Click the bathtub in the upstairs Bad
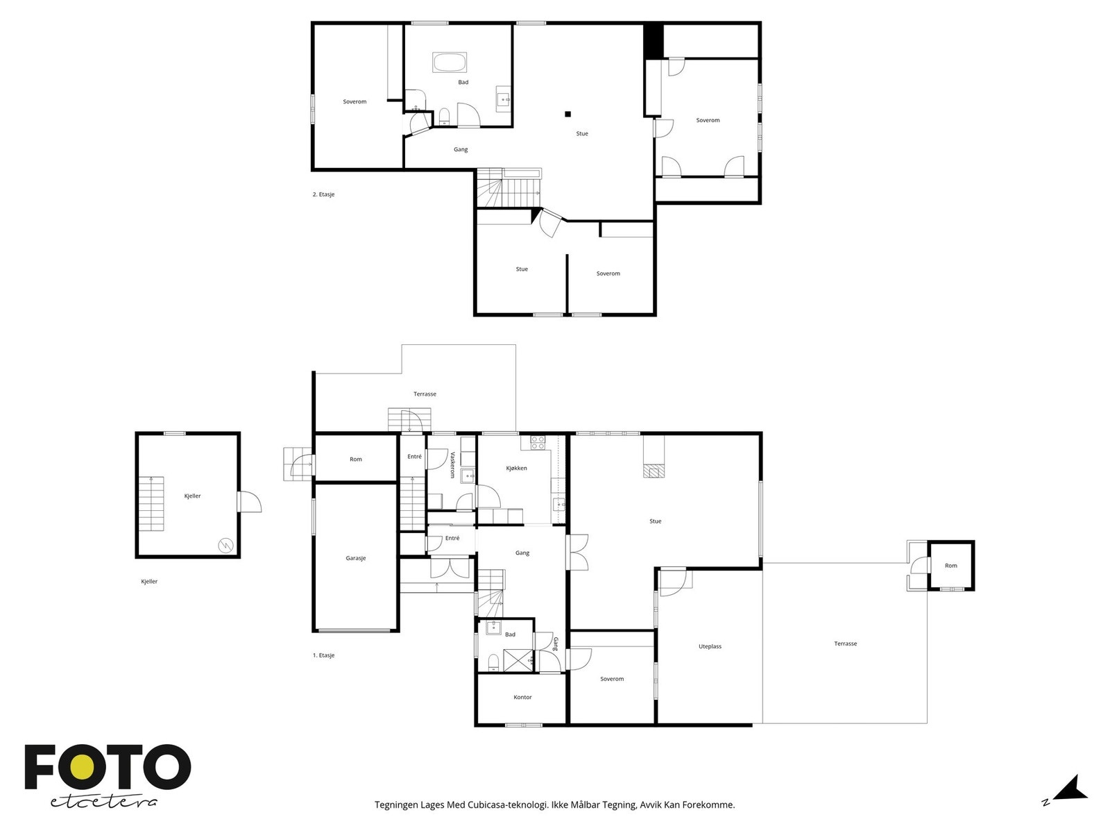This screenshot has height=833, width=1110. pos(449,62)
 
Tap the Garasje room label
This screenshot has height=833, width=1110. pos(355,558)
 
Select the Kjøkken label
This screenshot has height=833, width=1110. pos(516,468)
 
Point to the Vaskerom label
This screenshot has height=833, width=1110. pos(452,465)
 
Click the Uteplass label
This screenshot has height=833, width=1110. pos(710,646)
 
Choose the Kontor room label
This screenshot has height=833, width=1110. pos(522,697)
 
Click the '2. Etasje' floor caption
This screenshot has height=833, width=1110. pos(323,194)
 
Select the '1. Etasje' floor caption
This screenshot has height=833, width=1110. pos(323,655)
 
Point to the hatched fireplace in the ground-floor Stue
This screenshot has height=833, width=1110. pos(654,471)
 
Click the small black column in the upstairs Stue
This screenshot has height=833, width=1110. pos(568,115)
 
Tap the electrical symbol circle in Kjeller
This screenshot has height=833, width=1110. pos(225,545)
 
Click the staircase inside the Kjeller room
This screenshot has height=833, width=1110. pos(152,503)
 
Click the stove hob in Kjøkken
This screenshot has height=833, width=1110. pos(538,443)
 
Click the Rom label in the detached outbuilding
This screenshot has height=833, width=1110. pos(950,566)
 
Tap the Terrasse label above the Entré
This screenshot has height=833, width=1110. pos(425,394)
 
